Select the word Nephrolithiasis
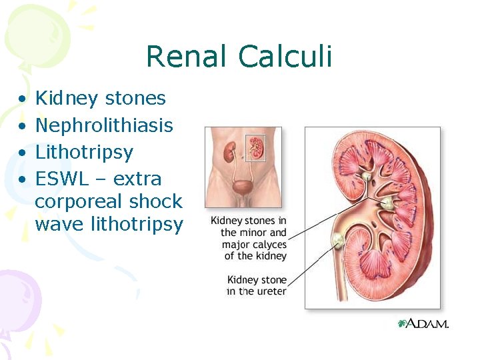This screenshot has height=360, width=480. (x=104, y=125)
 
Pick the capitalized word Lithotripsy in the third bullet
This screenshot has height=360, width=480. (x=84, y=153)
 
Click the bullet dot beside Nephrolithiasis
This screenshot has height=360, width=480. (x=23, y=126)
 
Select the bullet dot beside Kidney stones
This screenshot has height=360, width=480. (x=23, y=99)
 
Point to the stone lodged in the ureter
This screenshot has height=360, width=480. (x=339, y=241)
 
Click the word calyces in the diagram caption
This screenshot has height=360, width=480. (x=269, y=245)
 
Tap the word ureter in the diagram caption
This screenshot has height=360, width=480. (x=271, y=291)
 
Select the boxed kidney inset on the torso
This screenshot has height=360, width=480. (x=257, y=147)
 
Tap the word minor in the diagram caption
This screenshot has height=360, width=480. (x=253, y=233)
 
